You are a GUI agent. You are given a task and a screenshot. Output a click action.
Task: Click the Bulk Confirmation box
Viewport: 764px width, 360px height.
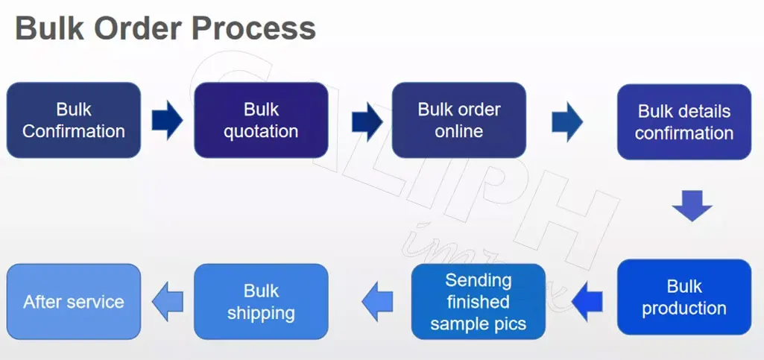pyautogui.click(x=74, y=120)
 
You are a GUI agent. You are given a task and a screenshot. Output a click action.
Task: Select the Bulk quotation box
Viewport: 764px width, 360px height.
pyautogui.click(x=261, y=120)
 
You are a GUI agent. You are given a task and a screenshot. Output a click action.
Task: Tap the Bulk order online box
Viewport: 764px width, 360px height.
pyautogui.click(x=459, y=120)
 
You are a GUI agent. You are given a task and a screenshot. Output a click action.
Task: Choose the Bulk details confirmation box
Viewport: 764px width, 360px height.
pyautogui.click(x=684, y=121)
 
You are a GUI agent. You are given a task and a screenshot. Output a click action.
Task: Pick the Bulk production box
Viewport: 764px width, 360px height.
pyautogui.click(x=684, y=297)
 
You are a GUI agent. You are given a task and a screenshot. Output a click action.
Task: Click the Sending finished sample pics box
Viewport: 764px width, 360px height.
pyautogui.click(x=478, y=302)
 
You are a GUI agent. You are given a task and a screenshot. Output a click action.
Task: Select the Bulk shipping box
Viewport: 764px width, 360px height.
pyautogui.click(x=261, y=301)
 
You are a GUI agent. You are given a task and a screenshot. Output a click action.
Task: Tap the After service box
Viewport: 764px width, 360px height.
pyautogui.click(x=74, y=301)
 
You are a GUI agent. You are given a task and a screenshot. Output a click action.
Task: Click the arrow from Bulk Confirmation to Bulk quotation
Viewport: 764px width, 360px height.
pyautogui.click(x=167, y=120)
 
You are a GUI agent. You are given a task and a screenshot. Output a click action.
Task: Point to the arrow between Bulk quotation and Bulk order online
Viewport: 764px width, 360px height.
pyautogui.click(x=366, y=121)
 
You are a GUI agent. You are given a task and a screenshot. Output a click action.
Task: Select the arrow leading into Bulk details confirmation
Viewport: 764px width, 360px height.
pyautogui.click(x=568, y=121)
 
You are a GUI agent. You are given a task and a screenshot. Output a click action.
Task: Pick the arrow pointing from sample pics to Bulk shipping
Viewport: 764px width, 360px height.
pyautogui.click(x=377, y=300)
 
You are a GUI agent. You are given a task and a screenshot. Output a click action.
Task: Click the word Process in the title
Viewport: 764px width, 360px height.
pyautogui.click(x=253, y=29)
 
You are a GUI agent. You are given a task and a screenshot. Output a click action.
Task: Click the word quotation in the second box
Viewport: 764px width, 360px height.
pyautogui.click(x=261, y=131)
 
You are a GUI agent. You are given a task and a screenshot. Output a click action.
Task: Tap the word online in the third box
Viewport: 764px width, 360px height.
pyautogui.click(x=459, y=131)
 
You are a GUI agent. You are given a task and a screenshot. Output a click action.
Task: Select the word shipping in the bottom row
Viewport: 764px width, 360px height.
pyautogui.click(x=261, y=312)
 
